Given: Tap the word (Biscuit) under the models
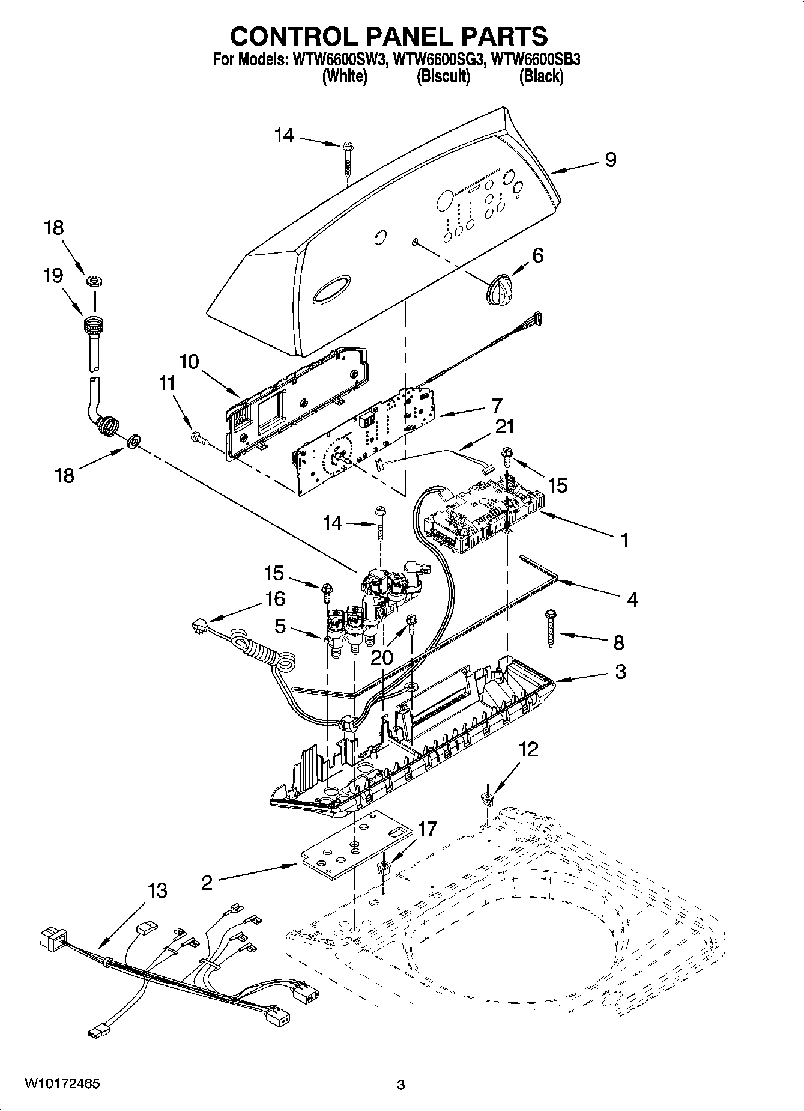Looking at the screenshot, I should tap(443, 76).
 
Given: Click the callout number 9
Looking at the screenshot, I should tap(610, 160).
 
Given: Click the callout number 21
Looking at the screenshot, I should tap(504, 427).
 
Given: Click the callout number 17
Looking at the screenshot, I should tap(428, 829).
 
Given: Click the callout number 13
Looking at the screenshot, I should tap(157, 890).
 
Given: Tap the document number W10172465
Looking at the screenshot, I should tap(62, 1083).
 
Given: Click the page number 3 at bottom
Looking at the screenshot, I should tap(401, 1085).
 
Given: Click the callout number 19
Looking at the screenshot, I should tap(53, 276).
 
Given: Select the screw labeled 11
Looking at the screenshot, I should tap(199, 439).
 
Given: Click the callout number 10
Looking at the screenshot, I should tap(189, 362).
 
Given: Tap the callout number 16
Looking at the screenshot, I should tap(274, 599).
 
